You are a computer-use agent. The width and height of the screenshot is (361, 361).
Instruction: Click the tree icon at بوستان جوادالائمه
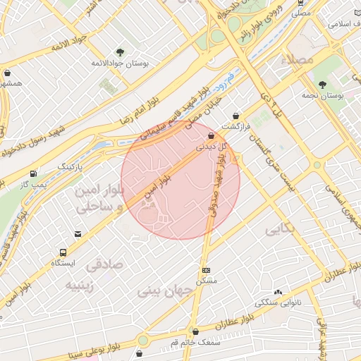[x=119, y=51]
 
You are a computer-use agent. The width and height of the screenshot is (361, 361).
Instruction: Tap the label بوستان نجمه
[x=322, y=94]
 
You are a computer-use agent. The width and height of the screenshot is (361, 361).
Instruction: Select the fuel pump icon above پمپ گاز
[x=34, y=173]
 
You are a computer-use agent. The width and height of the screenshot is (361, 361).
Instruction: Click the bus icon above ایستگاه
[x=64, y=252]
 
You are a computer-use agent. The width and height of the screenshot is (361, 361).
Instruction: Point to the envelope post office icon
[x=78, y=234]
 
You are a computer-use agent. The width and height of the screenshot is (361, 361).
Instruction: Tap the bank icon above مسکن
[x=206, y=270]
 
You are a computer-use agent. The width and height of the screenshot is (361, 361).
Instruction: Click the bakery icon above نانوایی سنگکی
[x=277, y=292]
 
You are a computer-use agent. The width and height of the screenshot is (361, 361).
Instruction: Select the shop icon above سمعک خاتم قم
[x=195, y=331]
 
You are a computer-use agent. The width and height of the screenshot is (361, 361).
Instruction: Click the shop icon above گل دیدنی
[x=211, y=136]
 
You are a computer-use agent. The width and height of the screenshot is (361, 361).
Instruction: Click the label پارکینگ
[x=71, y=166]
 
